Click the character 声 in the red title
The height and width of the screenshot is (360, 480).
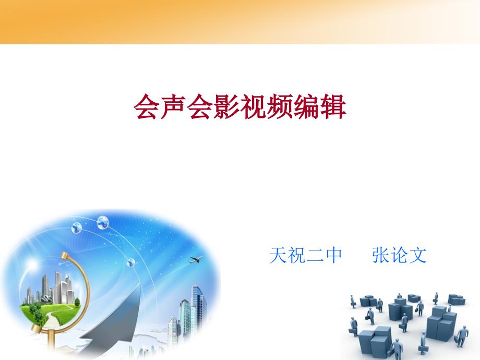pyautogui.click(x=173, y=106)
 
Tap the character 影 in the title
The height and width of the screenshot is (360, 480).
pyautogui.click(x=227, y=106)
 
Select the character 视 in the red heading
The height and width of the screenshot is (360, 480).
pyautogui.click(x=254, y=106)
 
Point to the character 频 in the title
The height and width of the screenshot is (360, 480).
pyautogui.click(x=280, y=106)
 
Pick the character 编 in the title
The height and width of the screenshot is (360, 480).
pyautogui.click(x=306, y=106)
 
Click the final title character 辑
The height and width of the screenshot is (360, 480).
pyautogui.click(x=333, y=106)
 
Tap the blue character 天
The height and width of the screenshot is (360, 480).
pyautogui.click(x=278, y=255)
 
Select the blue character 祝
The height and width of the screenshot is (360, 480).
pyautogui.click(x=296, y=255)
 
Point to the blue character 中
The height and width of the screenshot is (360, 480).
pyautogui.click(x=333, y=255)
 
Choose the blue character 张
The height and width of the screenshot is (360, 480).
pyautogui.click(x=381, y=255)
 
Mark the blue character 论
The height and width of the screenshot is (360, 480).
pyautogui.click(x=399, y=255)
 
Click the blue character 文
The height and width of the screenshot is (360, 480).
pyautogui.click(x=417, y=255)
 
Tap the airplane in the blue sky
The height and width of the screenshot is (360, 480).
pyautogui.click(x=196, y=260)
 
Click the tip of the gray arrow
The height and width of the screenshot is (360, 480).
pyautogui.click(x=140, y=284)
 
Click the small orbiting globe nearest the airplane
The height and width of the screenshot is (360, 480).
pyautogui.click(x=131, y=262)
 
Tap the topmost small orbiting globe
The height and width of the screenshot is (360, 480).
pyautogui.click(x=103, y=222)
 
